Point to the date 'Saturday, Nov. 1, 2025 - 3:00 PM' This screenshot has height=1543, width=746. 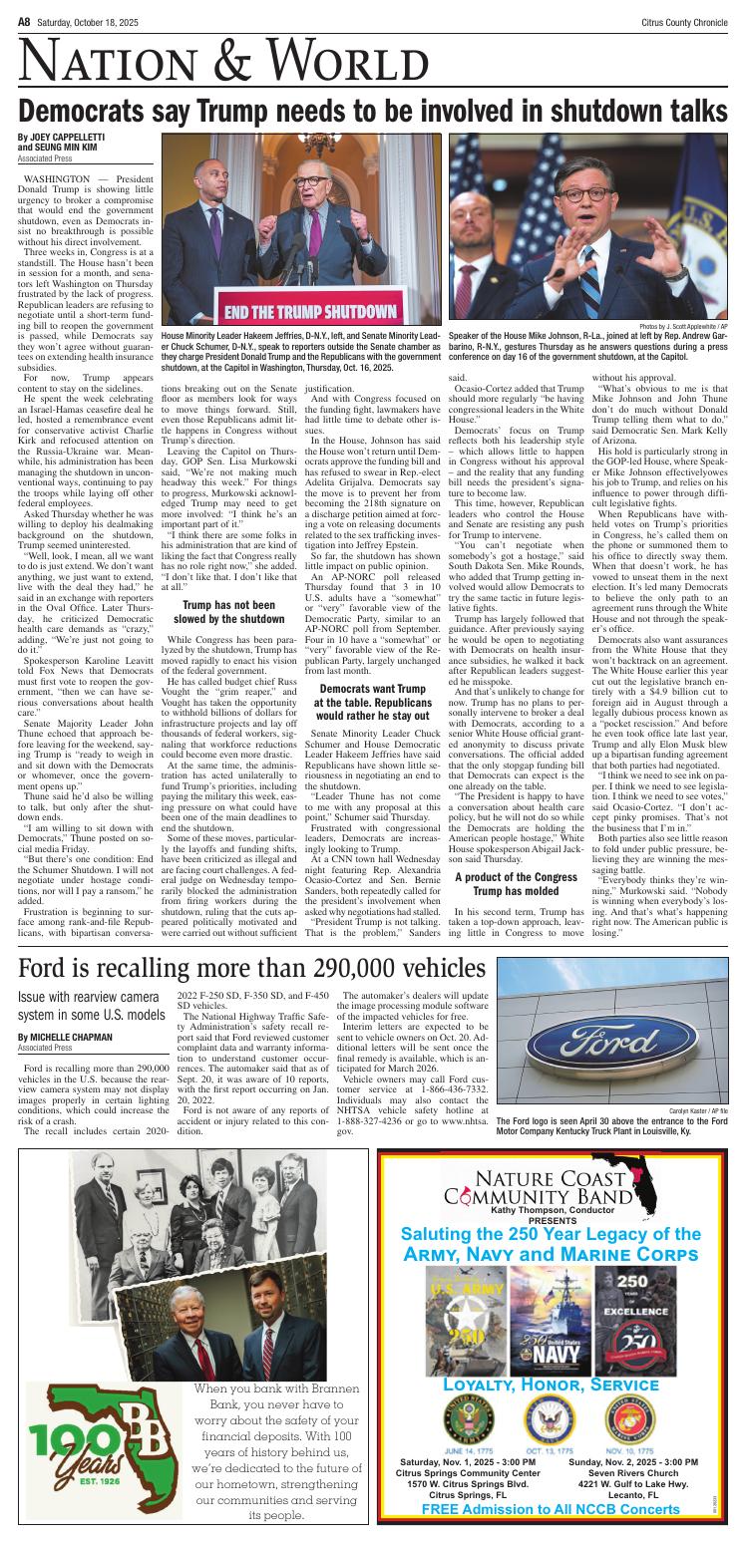click(468, 1468)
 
